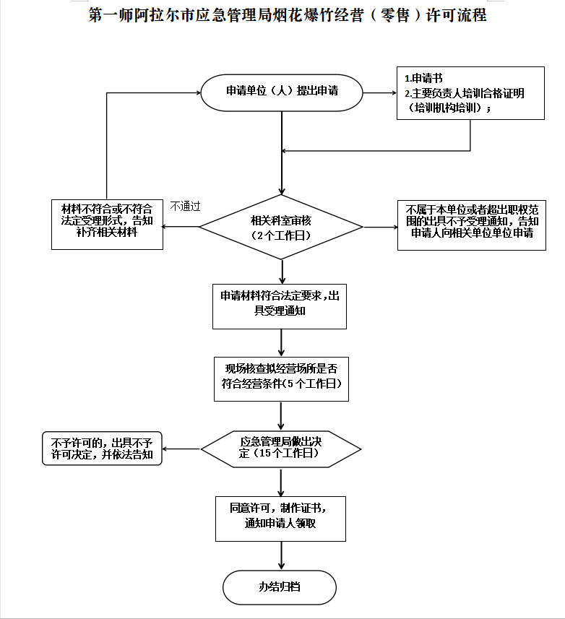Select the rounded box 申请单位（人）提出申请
click(281, 92)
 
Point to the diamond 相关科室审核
click(281, 227)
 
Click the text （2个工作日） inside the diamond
click(280, 235)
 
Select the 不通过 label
click(185, 206)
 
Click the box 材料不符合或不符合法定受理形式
click(107, 225)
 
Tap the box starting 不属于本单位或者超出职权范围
click(471, 225)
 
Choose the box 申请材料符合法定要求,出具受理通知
click(280, 304)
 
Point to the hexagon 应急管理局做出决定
click(280, 448)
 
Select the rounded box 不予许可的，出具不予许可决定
click(102, 449)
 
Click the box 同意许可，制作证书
click(280, 517)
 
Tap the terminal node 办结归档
click(280, 586)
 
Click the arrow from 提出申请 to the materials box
click(379, 92)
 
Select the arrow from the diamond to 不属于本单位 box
click(380, 227)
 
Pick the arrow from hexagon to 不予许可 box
click(181, 449)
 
